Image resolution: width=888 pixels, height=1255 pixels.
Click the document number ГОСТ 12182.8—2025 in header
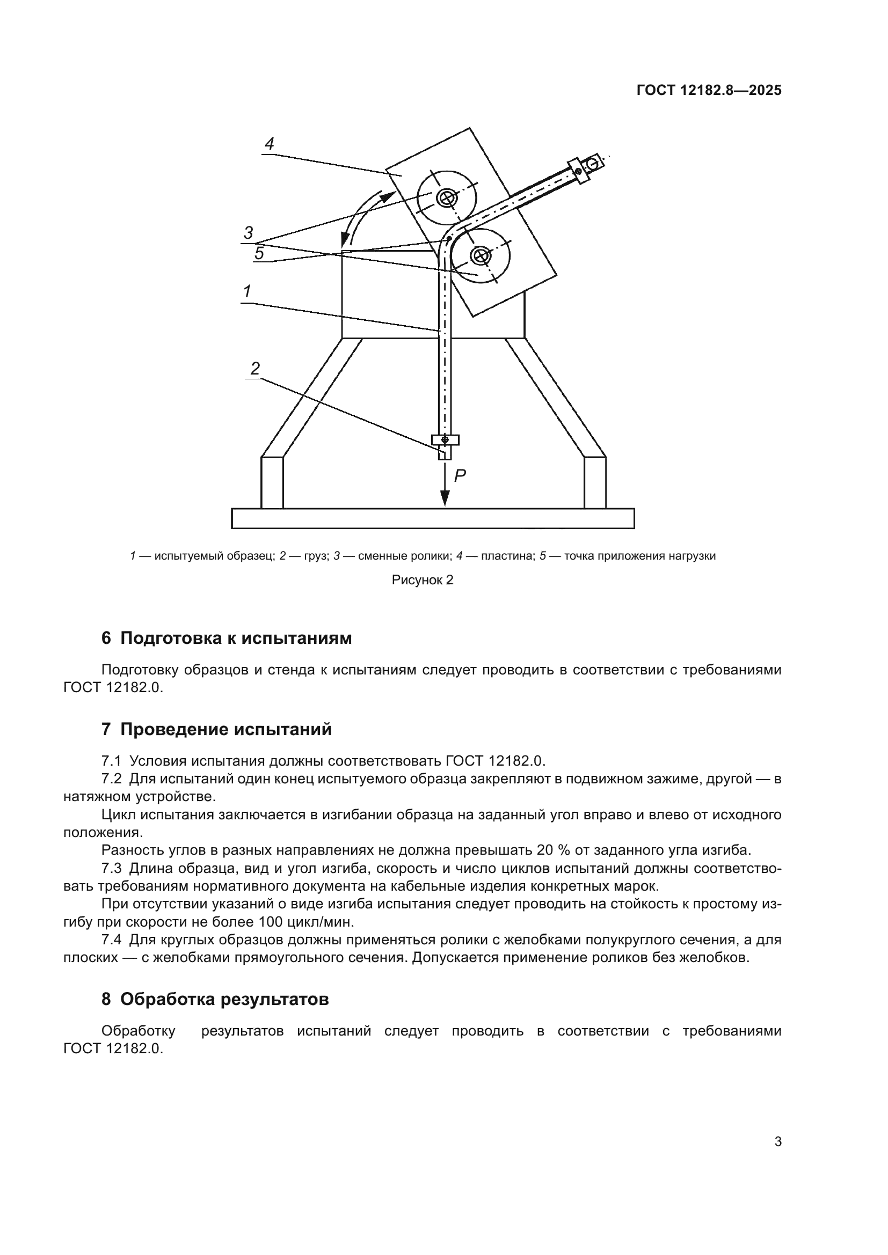[709, 91]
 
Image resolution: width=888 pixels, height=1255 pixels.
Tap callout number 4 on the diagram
[269, 144]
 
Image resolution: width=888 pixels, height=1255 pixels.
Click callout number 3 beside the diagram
[248, 233]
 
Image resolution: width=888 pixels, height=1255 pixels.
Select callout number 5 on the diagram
[259, 254]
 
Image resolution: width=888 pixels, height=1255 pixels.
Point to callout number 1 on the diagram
[247, 292]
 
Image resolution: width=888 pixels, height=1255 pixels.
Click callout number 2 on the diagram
[256, 369]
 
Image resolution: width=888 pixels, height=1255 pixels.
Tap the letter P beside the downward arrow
[460, 476]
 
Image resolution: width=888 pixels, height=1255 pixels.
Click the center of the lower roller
[481, 255]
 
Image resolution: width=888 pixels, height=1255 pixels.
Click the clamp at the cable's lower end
[445, 440]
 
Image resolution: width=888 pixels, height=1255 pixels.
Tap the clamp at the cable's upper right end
[580, 171]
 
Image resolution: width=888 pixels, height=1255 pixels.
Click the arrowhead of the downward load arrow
[445, 498]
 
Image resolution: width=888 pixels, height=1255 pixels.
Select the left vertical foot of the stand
[272, 483]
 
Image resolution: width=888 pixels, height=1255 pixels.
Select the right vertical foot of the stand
[595, 483]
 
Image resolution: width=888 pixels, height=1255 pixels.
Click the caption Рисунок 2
[423, 580]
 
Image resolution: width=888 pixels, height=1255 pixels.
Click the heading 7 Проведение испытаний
[216, 729]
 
